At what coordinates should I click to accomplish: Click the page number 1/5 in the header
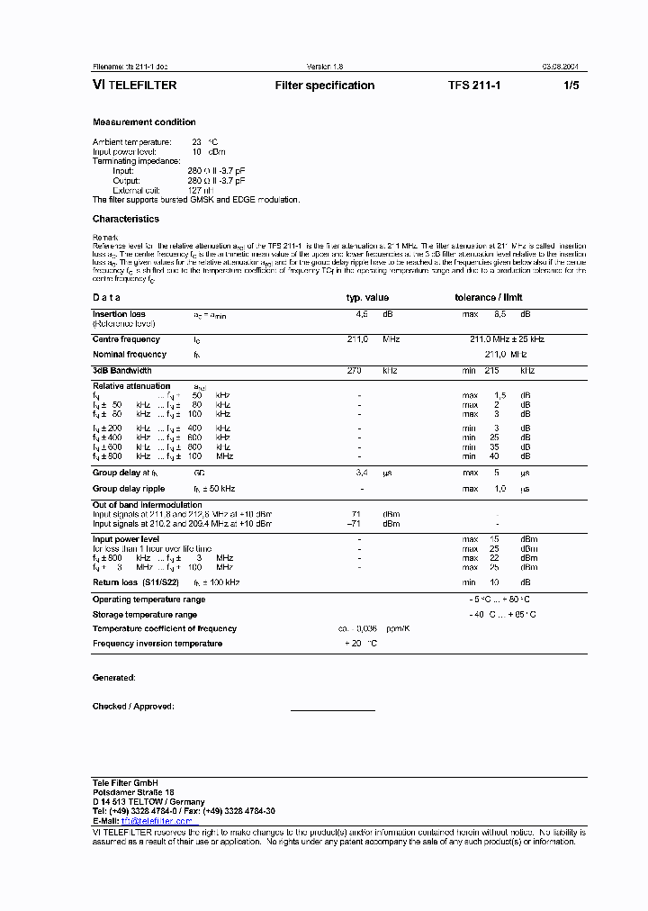pos(571,86)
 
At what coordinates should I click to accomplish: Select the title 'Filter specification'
pos(324,86)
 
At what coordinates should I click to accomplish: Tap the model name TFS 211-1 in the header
pos(473,86)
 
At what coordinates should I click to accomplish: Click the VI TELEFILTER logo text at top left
pos(134,86)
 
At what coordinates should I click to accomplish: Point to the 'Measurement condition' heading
pos(144,122)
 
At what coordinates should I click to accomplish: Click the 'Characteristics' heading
pos(125,219)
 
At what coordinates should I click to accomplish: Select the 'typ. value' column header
pos(368,297)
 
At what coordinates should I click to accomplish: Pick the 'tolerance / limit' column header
pos(488,297)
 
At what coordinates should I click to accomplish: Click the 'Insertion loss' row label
pos(119,314)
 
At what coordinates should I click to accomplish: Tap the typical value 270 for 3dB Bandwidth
pos(355,371)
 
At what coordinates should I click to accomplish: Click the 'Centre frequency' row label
pos(126,339)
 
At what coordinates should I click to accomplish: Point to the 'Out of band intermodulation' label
pos(147,505)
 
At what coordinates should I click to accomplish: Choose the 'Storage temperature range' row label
pos(144,614)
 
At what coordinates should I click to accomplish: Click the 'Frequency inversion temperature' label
pos(157,644)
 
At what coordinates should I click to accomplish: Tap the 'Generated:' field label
pos(113,677)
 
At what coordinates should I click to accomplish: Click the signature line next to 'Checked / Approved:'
pos(332,710)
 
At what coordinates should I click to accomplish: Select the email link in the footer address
pos(157,821)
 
